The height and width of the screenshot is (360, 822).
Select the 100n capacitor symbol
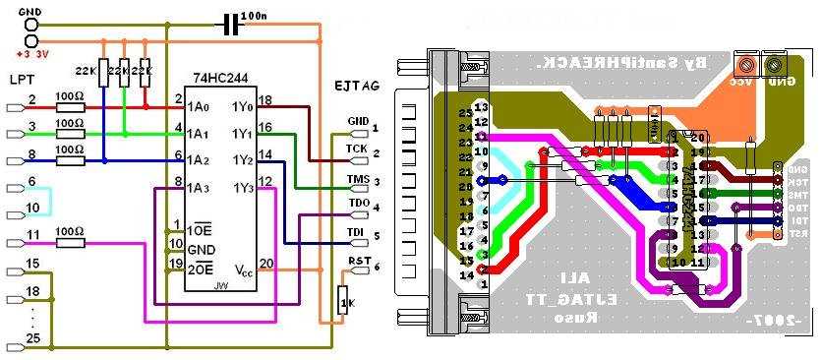pyautogui.click(x=232, y=22)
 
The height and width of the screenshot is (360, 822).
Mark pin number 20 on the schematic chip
pyautogui.click(x=266, y=262)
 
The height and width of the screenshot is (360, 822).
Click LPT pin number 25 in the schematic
pyautogui.click(x=33, y=339)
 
